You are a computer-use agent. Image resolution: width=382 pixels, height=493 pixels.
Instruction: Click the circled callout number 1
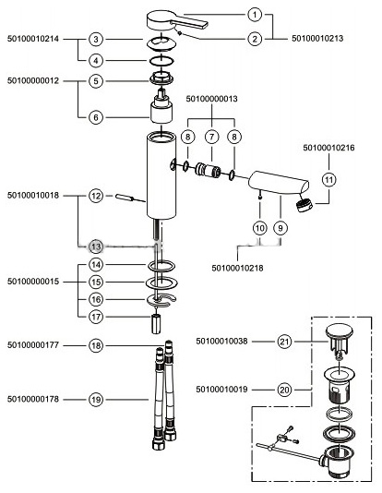(x=255, y=15)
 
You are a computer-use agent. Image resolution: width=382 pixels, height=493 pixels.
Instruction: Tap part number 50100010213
(x=317, y=39)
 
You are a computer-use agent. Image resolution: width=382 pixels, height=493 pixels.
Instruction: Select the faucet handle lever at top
(x=177, y=21)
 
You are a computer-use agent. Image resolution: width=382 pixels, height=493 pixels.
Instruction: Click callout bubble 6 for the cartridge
(x=96, y=117)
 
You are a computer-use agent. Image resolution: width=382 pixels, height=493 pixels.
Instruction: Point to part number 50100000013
(x=211, y=99)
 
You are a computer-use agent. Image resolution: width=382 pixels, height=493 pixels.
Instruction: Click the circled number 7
(x=211, y=137)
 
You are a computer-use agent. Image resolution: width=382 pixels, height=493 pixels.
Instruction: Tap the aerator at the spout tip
(x=304, y=205)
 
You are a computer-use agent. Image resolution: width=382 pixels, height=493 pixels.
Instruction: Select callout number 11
(x=328, y=180)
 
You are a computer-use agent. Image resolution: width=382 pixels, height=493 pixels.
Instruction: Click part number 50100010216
(x=328, y=148)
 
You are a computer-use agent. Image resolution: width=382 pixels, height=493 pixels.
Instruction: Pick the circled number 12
(x=96, y=196)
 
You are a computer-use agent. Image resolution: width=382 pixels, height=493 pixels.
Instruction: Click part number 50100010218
(x=237, y=268)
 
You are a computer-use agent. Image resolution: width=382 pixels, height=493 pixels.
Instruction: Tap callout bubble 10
(x=260, y=228)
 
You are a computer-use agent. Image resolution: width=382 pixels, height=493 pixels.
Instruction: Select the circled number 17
(x=96, y=317)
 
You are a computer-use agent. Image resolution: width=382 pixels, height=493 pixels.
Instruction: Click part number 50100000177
(x=33, y=345)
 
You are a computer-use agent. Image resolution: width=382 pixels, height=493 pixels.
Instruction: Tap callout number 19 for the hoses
(x=96, y=400)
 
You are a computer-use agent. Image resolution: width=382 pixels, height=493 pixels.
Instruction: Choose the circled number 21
(x=284, y=342)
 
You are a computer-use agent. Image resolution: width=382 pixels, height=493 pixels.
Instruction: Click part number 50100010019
(x=221, y=390)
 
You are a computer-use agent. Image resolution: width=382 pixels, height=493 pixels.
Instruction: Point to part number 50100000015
(x=33, y=282)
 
